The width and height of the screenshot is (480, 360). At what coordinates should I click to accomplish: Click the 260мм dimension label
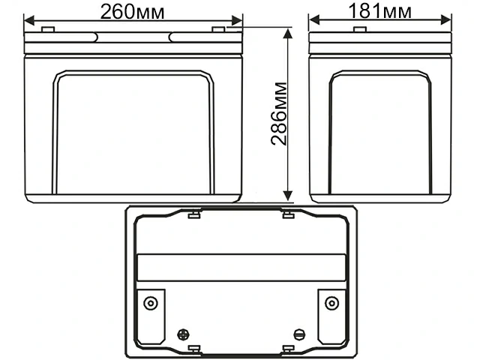133,11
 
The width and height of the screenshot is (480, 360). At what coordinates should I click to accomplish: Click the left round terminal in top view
151,303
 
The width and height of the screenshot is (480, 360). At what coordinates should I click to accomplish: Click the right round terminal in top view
331,303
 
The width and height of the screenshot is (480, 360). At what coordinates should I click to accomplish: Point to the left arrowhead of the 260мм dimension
28,21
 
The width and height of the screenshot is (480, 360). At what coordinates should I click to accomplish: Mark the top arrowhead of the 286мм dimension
287,32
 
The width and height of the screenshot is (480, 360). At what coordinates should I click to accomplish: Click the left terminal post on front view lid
47,29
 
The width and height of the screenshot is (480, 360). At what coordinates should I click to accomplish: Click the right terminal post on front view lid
218,29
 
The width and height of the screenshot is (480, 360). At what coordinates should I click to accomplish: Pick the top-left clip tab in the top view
193,215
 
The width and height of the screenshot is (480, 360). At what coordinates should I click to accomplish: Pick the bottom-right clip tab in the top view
287,349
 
